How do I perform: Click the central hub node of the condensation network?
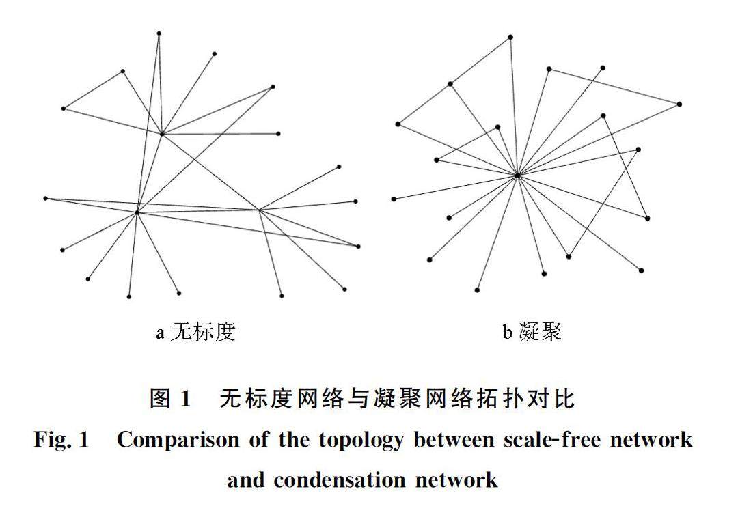coord(518,176)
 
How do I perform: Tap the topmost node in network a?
coord(159,33)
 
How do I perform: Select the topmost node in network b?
coord(510,36)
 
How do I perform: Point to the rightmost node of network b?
coord(679,104)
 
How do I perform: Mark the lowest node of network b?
coord(477,290)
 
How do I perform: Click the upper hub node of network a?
coord(162,134)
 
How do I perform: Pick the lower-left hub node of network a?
coord(137,212)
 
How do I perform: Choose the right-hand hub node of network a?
coord(260,210)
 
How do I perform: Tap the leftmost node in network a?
coord(46,198)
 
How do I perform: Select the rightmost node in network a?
coord(358,246)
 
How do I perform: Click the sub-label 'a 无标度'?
coord(196,333)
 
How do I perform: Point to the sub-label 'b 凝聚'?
coord(532,333)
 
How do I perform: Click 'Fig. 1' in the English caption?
coord(61,439)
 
